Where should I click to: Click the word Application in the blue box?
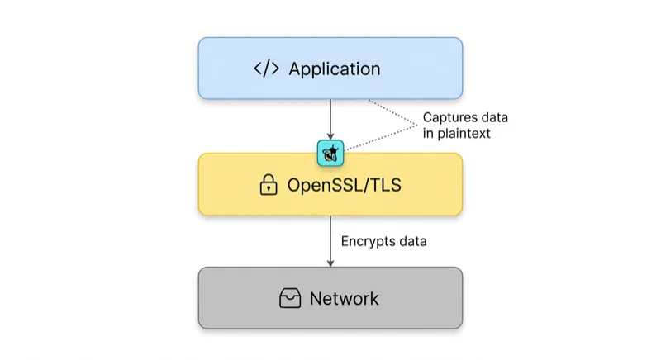tap(335, 69)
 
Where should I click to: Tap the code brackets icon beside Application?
tap(266, 69)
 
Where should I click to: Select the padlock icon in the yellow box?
tap(268, 185)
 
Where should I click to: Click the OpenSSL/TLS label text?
tap(344, 185)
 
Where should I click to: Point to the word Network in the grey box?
tap(344, 299)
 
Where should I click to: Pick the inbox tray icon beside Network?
tap(290, 299)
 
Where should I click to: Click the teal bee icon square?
tap(330, 152)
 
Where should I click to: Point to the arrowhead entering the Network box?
tap(330, 263)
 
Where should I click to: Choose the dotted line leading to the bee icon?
tap(376, 138)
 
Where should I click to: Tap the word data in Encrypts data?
tap(413, 242)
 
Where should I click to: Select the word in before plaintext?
tap(428, 133)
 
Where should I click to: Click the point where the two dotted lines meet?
tap(416, 125)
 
